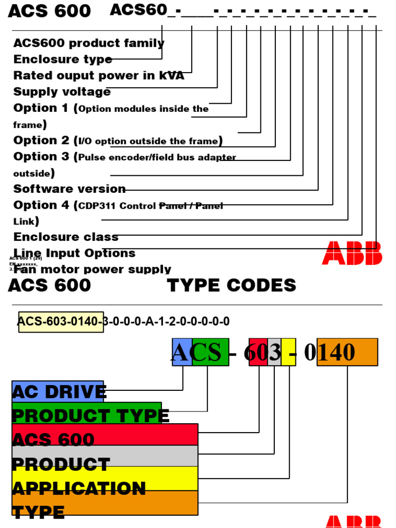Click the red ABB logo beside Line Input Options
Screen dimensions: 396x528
tap(352, 253)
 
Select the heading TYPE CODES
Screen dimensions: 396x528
tap(232, 285)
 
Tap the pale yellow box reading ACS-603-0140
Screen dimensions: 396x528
tap(61, 322)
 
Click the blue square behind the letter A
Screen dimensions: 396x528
tap(181, 352)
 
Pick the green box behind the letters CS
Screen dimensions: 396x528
tap(210, 352)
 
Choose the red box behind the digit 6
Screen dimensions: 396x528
tap(258, 352)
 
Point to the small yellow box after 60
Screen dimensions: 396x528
tap(288, 352)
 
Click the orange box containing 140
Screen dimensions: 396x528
tap(347, 352)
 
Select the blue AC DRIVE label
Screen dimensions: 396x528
tap(58, 391)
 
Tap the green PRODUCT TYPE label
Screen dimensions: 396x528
tap(87, 414)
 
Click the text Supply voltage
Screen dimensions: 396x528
tap(62, 92)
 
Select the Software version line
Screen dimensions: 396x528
tap(70, 189)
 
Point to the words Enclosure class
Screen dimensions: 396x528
tap(66, 237)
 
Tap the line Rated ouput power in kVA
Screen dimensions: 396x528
tap(98, 76)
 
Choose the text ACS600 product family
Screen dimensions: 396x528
tap(89, 43)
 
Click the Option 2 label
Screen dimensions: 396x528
tap(41, 140)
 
